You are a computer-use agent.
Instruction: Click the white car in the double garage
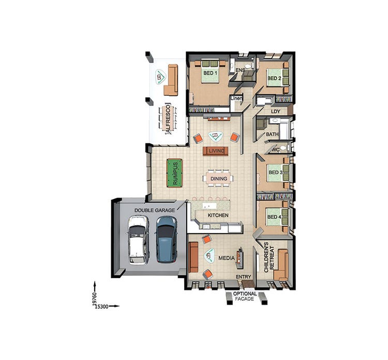pos(138,239)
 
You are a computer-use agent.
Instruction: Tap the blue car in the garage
pos(166,239)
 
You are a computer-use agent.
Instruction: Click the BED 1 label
pos(210,74)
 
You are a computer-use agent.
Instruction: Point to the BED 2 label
pos(274,79)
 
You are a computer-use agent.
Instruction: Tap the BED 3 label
pos(274,172)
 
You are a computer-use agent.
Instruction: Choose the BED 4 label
pos(274,217)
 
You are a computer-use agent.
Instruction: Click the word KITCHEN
pos(218,215)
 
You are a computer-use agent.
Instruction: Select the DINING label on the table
pos(218,179)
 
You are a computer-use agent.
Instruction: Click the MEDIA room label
pos(226,257)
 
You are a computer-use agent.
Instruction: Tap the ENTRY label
pos(243,277)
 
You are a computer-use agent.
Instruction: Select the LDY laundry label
pos(275,111)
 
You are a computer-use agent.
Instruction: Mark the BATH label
pos(272,135)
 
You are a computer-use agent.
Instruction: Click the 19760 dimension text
pos(95,299)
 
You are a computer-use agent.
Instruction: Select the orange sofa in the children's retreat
pos(282,265)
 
